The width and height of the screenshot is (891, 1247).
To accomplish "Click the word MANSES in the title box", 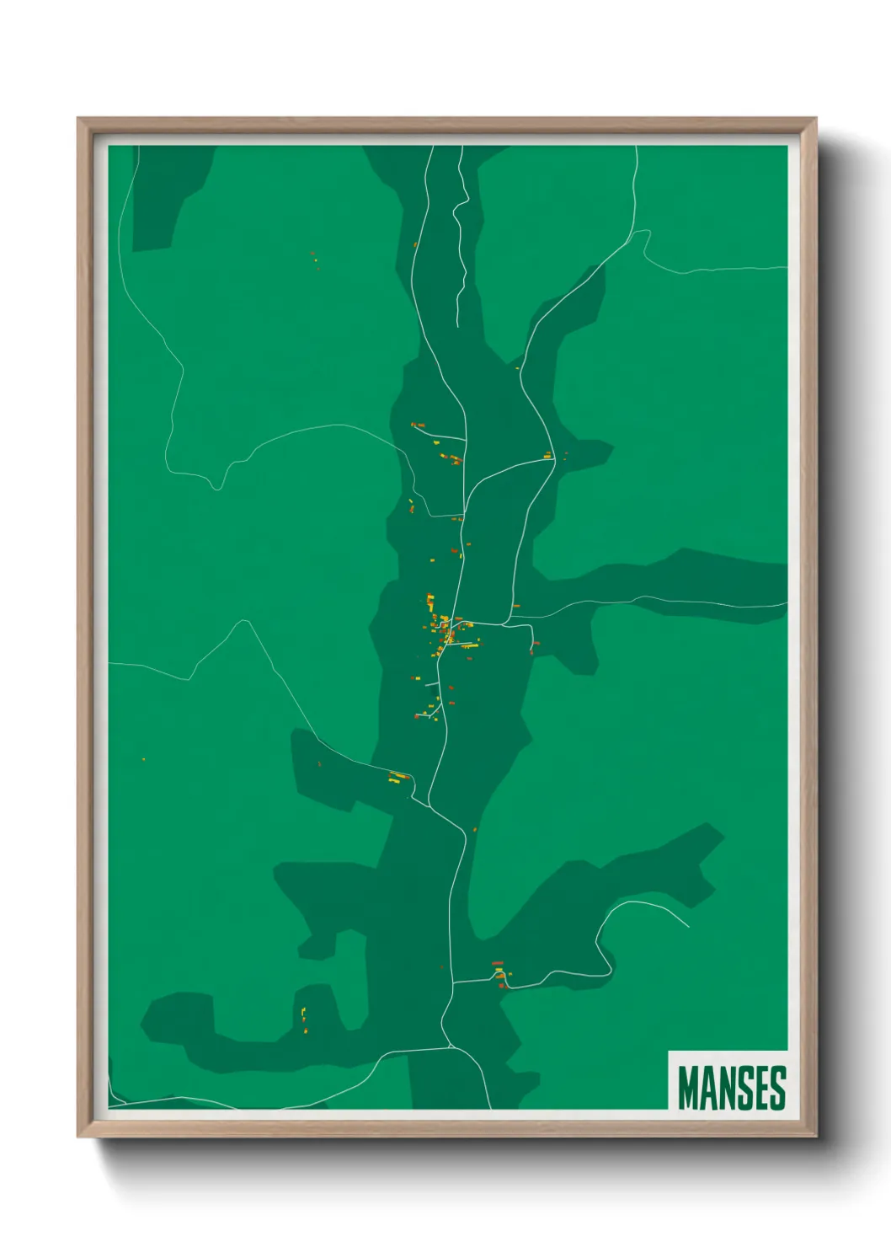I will click(x=731, y=1088).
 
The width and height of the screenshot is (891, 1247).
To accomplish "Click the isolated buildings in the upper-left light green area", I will click(x=315, y=259).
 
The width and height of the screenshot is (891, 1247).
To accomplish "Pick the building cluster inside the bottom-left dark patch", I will click(x=303, y=1018).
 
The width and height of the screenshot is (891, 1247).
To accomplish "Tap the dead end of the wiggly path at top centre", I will click(x=457, y=324).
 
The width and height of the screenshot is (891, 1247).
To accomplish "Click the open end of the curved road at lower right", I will click(x=689, y=928).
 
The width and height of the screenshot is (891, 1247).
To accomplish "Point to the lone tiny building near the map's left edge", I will click(x=143, y=760).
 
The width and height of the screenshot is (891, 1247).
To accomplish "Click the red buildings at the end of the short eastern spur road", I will click(x=534, y=645).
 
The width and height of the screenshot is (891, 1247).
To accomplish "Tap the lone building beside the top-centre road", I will click(x=416, y=245).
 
